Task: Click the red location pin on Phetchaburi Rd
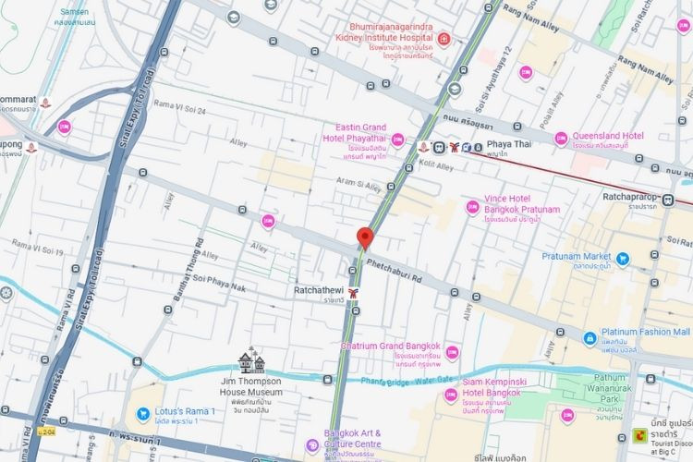pyautogui.click(x=364, y=237)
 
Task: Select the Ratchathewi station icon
pyautogui.click(x=353, y=292)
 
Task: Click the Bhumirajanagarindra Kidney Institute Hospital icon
pyautogui.click(x=444, y=38)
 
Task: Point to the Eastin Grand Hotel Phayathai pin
pyautogui.click(x=397, y=140)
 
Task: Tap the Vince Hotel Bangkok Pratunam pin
pyautogui.click(x=473, y=207)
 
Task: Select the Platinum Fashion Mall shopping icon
pyautogui.click(x=588, y=338)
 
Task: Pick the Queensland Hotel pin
pyautogui.click(x=560, y=139)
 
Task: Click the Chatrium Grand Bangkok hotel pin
pyautogui.click(x=452, y=352)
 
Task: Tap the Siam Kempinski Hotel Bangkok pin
pyautogui.click(x=451, y=395)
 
